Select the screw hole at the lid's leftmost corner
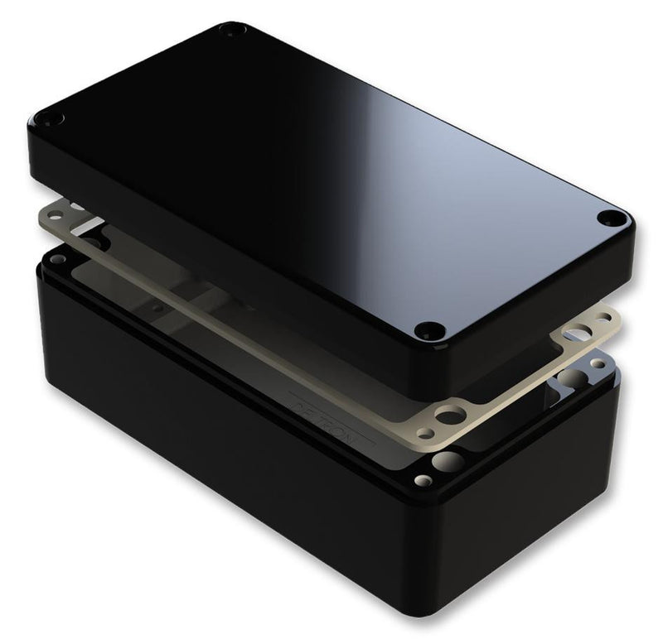point(56,117)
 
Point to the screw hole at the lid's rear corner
point(228,30)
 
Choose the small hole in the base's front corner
point(424,479)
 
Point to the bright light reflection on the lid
point(464,166)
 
